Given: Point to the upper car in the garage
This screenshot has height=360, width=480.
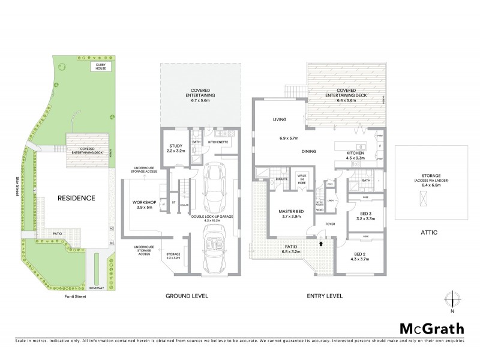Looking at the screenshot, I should tap(215, 186).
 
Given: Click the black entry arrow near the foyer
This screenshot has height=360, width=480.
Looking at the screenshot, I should tap(321, 244).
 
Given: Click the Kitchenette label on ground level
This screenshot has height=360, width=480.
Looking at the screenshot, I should tap(217, 143).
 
